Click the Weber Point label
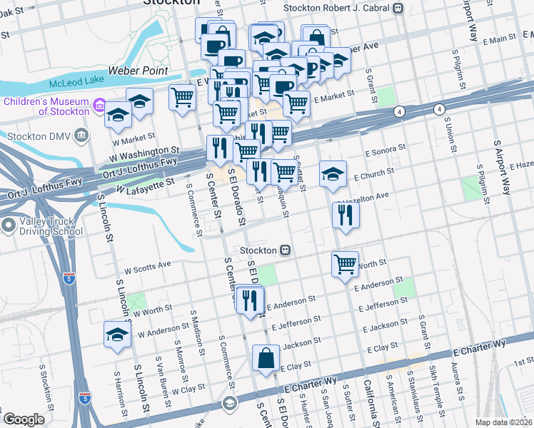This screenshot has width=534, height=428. pyautogui.click(x=138, y=71)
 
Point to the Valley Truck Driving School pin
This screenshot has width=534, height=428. pyautogui.click(x=9, y=227)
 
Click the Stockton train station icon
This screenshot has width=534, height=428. pyautogui.click(x=284, y=250)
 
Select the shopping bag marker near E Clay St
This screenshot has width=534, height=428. pyautogui.click(x=266, y=358)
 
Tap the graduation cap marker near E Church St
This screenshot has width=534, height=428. pyautogui.click(x=333, y=174)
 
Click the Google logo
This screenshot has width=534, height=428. pyautogui.click(x=24, y=419)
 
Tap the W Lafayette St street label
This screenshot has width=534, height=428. pyautogui.click(x=146, y=185)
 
